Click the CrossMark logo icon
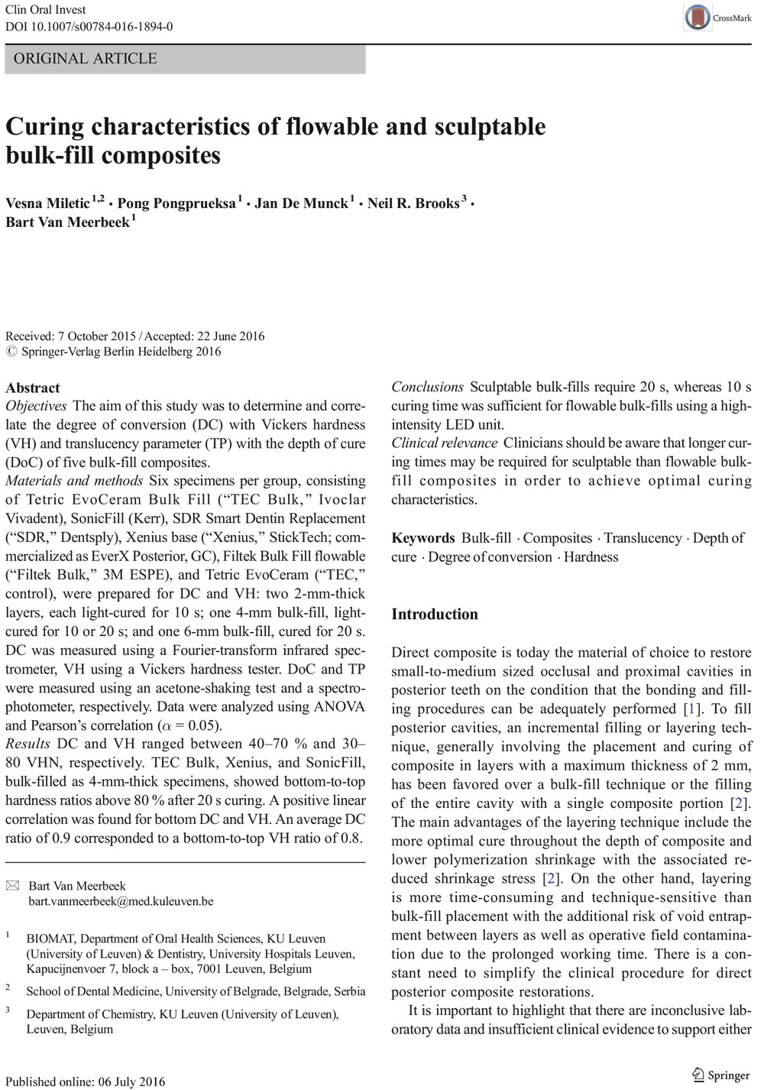point(698,17)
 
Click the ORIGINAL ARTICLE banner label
point(86,59)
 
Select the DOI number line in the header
point(89,27)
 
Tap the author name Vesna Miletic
point(47,203)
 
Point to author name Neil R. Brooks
point(413,203)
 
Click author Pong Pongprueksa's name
point(176,203)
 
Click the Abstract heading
point(33,388)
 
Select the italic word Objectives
point(36,406)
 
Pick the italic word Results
point(28,744)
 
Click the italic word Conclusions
point(427,387)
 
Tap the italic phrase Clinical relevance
point(444,443)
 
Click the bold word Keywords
point(423,538)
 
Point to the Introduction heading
point(435,615)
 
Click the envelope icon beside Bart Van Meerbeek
point(13,886)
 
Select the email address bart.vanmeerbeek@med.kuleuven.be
point(121,901)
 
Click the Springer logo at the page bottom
point(720,1075)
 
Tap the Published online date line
point(86,1082)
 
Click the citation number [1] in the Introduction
point(692,709)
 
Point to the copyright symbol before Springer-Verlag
point(11,352)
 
